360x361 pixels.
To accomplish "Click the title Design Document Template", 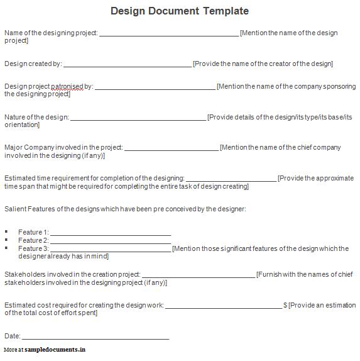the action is (180, 11).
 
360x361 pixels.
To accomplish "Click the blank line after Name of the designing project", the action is (169, 35).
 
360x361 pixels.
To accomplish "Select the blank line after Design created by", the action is (128, 65).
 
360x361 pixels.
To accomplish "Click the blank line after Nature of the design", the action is (138, 119).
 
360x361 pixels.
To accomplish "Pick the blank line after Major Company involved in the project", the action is (172, 150).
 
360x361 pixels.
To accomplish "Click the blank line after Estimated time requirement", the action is (231, 180).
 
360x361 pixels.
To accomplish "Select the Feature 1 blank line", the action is (110, 234).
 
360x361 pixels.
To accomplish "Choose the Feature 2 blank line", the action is (110, 242).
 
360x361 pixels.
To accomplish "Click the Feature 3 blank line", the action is (110, 250).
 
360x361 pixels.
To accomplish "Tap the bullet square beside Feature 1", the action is (7, 231).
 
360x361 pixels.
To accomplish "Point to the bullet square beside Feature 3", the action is (7, 248).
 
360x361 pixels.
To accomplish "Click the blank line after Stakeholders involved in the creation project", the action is (199, 277).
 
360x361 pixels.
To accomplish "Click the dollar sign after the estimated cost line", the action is (285, 305).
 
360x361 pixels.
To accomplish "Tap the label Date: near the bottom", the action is (13, 336).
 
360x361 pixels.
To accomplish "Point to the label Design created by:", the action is (33, 64).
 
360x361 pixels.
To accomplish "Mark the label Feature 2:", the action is (33, 240).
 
